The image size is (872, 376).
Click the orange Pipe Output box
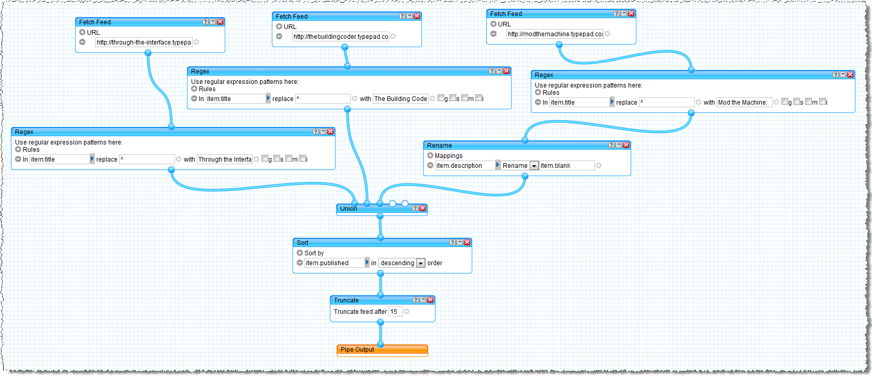click(382, 350)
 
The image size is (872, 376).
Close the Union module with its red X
click(423, 208)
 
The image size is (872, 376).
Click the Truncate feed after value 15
click(395, 312)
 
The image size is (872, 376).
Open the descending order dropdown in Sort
click(421, 263)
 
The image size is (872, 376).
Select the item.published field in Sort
click(334, 263)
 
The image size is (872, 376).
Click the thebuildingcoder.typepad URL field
click(341, 37)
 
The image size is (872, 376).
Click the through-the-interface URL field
click(143, 42)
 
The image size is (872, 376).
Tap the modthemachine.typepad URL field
click(555, 34)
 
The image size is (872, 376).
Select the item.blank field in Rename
click(566, 166)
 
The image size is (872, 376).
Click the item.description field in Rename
click(464, 166)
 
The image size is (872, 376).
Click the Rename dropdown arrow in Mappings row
click(534, 166)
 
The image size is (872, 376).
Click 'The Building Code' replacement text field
click(401, 99)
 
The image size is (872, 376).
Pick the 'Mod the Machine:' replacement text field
click(744, 103)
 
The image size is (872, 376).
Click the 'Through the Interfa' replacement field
click(224, 160)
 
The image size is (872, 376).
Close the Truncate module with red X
click(430, 300)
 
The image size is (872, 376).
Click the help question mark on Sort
click(452, 242)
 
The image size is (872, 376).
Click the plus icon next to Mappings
click(430, 155)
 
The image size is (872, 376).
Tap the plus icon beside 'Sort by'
click(300, 253)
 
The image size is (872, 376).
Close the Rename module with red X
click(626, 145)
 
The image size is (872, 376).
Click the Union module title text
click(348, 209)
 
